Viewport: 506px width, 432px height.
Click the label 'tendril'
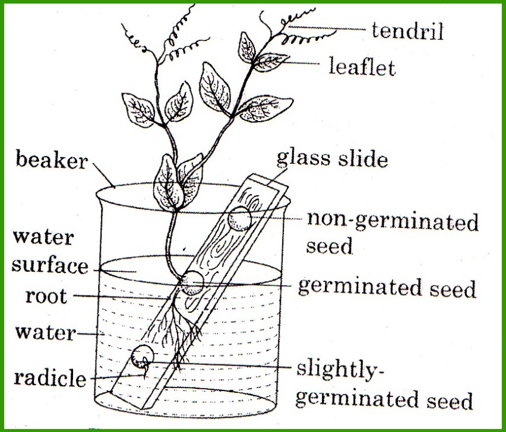click(408, 31)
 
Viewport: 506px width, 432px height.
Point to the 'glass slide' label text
click(332, 158)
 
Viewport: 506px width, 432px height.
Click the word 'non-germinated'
click(392, 221)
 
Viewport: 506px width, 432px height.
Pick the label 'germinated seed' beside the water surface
click(387, 288)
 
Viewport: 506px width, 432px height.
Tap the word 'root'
click(46, 297)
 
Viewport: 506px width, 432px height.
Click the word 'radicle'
click(50, 378)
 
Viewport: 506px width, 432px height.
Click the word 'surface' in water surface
click(50, 265)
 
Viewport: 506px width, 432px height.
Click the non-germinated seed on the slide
click(239, 218)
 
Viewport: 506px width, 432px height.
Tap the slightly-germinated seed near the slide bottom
click(143, 356)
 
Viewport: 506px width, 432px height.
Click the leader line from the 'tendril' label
click(326, 28)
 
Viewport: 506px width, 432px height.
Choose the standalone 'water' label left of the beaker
click(46, 333)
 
